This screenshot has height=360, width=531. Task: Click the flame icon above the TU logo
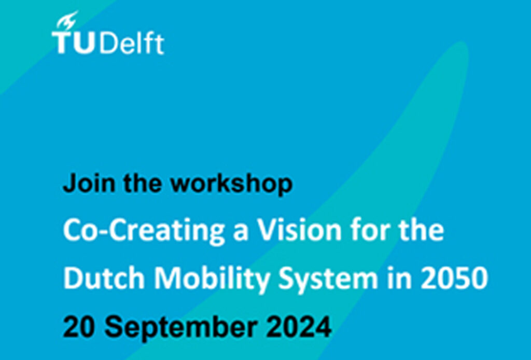tap(67, 20)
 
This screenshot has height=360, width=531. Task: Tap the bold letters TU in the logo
tap(73, 43)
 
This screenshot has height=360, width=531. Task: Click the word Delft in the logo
tap(132, 43)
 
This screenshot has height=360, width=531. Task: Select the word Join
tap(89, 183)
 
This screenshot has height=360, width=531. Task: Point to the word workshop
tap(231, 184)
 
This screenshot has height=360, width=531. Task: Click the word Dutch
tap(104, 278)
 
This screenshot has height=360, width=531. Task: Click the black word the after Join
tap(143, 183)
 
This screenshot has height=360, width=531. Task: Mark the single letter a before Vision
tap(241, 233)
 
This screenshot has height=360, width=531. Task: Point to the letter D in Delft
tap(107, 44)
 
